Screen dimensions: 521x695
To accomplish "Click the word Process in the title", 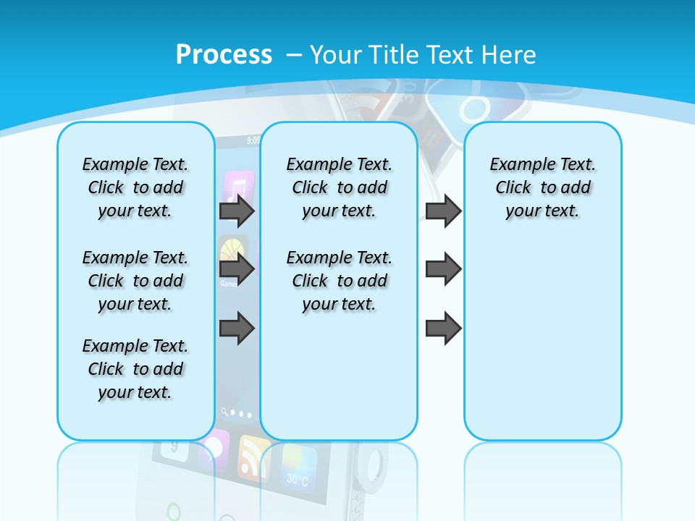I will click(224, 54).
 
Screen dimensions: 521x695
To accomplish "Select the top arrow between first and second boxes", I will click(237, 211).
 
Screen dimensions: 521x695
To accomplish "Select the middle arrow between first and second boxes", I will click(237, 269).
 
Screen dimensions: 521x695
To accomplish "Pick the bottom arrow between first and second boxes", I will click(237, 329).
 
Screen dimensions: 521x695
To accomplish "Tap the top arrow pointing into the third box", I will click(443, 211).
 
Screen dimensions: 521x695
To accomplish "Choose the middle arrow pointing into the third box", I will click(443, 269).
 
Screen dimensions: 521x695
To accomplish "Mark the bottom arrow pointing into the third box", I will click(443, 329).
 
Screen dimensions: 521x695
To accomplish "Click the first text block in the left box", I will click(135, 187).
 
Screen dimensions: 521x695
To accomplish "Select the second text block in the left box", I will click(135, 281).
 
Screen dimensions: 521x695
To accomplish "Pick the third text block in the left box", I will click(135, 369).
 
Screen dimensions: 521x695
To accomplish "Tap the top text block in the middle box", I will click(339, 187).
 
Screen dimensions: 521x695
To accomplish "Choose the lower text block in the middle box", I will click(339, 281).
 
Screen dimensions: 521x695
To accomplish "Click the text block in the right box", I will click(542, 187).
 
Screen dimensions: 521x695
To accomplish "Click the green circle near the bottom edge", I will click(173, 512).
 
